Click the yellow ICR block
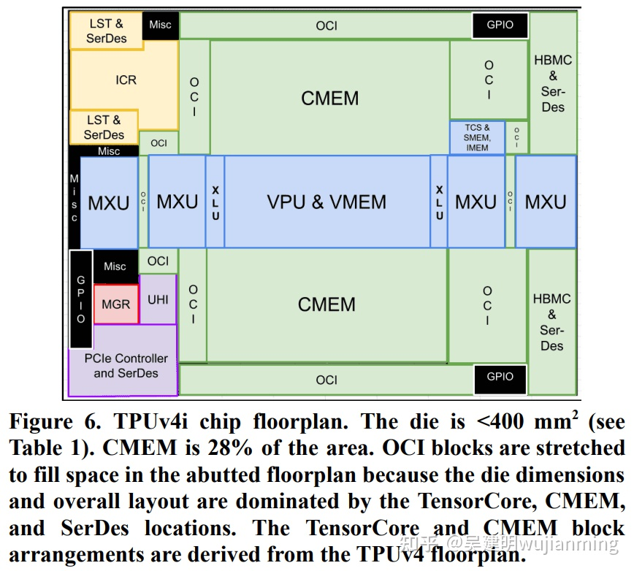[x=126, y=79]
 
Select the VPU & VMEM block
[x=326, y=202]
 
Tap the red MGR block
[x=115, y=304]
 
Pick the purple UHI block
[x=158, y=299]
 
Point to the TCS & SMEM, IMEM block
[x=477, y=137]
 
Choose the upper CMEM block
[x=329, y=98]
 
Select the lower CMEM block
[x=326, y=304]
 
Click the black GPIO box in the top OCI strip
[x=500, y=25]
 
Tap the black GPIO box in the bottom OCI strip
[x=500, y=377]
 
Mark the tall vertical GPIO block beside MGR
[x=81, y=299]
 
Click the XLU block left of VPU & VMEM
[x=215, y=202]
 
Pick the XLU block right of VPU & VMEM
[x=439, y=202]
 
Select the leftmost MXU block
[x=109, y=202]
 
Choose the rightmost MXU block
[x=546, y=202]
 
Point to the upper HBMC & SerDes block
[x=553, y=83]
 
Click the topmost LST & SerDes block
[x=106, y=31]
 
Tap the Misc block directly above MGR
[x=115, y=267]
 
